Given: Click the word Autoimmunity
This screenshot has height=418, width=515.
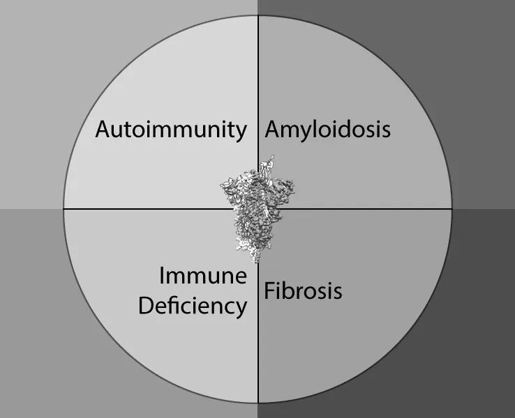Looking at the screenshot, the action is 171,130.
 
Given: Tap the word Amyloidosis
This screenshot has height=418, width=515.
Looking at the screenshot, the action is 327,130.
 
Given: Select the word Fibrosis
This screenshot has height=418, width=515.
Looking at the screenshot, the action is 303,290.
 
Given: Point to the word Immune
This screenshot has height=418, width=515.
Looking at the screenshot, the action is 203,276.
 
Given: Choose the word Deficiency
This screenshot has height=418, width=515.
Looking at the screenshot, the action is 193,305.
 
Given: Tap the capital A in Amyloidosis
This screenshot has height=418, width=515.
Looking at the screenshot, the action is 272,130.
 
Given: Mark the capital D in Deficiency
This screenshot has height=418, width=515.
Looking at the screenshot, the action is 146,305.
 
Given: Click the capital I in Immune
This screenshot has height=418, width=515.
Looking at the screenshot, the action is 163,276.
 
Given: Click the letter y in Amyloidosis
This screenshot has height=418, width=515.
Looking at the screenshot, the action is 306,132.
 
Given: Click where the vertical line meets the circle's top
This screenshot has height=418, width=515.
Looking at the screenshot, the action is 258,15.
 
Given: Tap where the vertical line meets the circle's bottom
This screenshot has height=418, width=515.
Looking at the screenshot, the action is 258,403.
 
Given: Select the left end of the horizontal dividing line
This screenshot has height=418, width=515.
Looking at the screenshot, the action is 64,208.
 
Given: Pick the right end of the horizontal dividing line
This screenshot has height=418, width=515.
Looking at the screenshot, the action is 452,208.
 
